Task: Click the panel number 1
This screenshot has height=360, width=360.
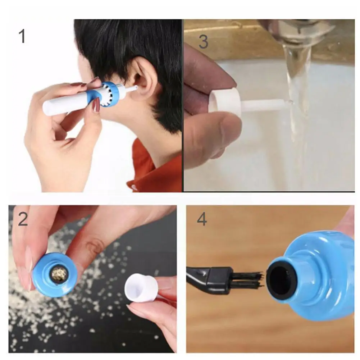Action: coord(22,36)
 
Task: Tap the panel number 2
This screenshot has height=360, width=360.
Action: coord(23,219)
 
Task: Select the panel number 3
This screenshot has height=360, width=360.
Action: coord(203,42)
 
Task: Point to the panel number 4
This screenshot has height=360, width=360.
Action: coord(202,219)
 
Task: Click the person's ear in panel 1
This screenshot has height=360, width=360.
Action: coord(144,78)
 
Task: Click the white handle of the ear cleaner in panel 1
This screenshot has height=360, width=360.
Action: coord(63,104)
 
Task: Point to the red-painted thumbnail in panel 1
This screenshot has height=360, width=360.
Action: coord(96,105)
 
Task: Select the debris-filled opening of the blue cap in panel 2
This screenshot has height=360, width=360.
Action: coord(59,275)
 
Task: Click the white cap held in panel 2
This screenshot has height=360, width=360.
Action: coord(141,288)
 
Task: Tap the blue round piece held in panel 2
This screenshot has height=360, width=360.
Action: coord(54,274)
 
